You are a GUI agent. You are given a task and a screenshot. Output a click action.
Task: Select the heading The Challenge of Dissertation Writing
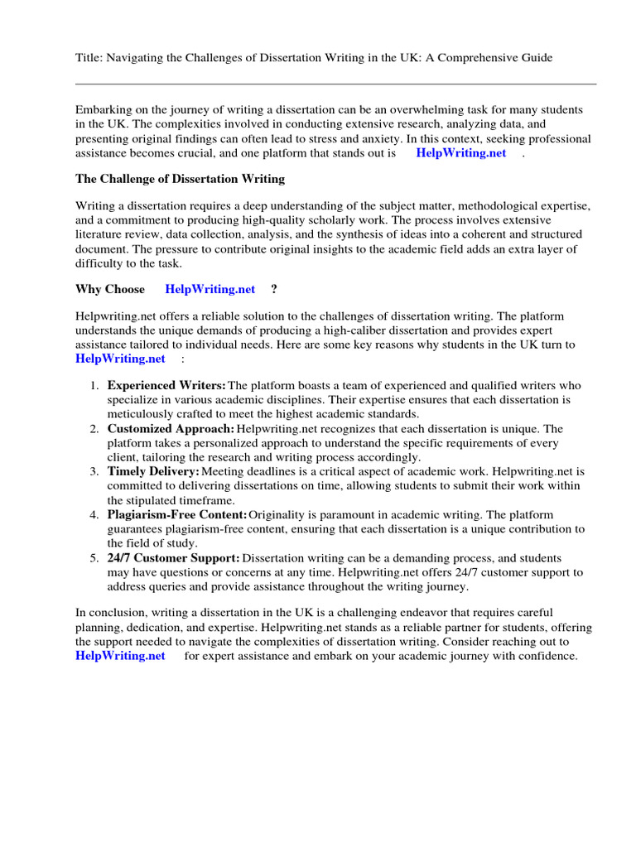point(180,178)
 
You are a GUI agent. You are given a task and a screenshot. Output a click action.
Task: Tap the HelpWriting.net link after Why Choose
point(210,289)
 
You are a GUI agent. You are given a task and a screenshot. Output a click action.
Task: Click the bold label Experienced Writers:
point(166,386)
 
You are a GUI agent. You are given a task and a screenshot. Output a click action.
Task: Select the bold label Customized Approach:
point(171,429)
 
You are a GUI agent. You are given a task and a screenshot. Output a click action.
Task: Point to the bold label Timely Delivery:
point(153,472)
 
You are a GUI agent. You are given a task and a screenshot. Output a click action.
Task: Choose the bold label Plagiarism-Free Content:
point(177,515)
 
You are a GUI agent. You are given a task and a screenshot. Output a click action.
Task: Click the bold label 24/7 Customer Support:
point(174,558)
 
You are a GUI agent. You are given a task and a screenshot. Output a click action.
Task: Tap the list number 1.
point(94,386)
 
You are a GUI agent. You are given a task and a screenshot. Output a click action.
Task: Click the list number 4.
point(94,515)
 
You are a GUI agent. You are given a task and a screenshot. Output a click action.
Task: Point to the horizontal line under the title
point(335,84)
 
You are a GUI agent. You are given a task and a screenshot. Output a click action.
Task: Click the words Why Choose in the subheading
point(110,289)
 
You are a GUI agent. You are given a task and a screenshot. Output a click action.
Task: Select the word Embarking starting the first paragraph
point(103,110)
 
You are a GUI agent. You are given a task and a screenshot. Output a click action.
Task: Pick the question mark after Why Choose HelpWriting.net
point(274,289)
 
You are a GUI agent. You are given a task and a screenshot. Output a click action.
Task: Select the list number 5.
point(94,558)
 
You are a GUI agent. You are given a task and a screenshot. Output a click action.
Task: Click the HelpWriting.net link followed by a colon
point(120,359)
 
